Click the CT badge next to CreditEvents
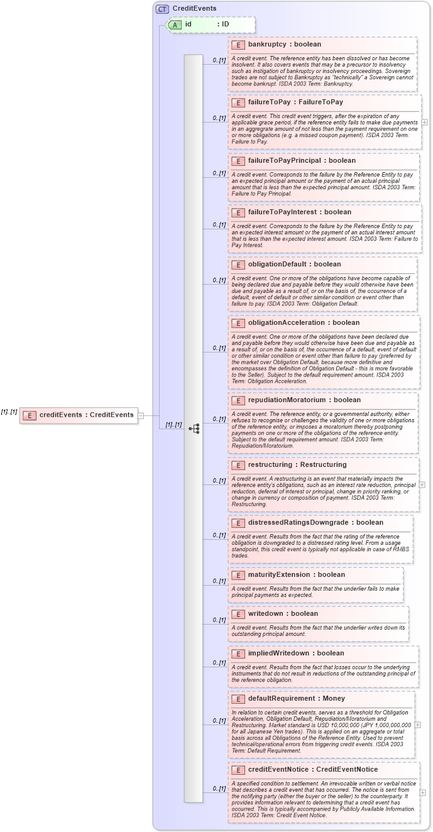162,9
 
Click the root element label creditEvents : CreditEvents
86,415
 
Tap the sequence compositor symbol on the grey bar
194,429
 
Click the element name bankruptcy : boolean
284,45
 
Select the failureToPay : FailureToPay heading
295,102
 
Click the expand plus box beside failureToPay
424,122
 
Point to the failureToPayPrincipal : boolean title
302,160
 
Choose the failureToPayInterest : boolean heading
299,212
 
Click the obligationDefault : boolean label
294,264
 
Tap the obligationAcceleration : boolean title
304,322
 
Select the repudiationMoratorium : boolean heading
304,400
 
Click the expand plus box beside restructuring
422,467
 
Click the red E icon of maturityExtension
238,575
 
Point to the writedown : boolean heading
283,613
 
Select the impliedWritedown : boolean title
295,653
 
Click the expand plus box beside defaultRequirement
418,725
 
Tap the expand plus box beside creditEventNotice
423,792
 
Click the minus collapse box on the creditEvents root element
141,415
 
